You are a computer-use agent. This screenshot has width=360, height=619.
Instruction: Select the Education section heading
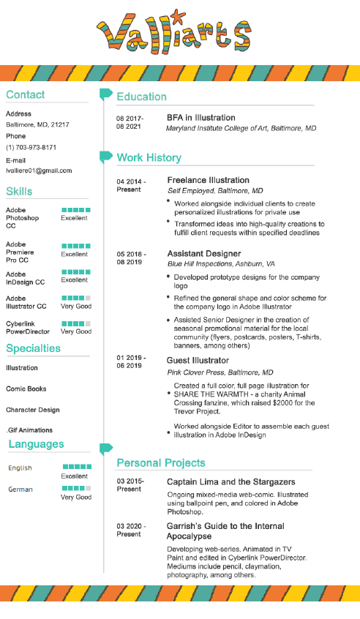[x=142, y=97]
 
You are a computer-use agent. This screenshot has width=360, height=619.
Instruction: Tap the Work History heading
[x=149, y=157]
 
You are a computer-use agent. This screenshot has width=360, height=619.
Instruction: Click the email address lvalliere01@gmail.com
[x=39, y=170]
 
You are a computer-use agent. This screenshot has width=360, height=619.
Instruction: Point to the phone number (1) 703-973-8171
[x=31, y=147]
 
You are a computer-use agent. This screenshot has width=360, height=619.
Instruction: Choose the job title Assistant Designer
[x=203, y=252]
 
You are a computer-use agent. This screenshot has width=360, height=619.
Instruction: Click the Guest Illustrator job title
[x=198, y=360]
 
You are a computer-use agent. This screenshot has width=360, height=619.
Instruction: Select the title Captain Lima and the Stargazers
[x=230, y=481]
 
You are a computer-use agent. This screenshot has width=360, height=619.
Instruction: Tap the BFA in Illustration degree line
[x=201, y=117]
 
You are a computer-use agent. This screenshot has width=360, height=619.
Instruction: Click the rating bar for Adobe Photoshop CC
[x=76, y=210]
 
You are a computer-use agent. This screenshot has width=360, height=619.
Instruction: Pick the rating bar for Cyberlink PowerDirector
[x=76, y=323]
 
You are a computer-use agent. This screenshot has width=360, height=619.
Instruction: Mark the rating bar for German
[x=76, y=488]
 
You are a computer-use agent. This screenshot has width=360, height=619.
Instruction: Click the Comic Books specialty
[x=26, y=389]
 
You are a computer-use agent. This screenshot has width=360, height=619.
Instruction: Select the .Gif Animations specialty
[x=29, y=430]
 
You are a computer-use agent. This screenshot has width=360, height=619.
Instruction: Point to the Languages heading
[x=36, y=444]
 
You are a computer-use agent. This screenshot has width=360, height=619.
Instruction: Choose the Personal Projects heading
[x=161, y=462]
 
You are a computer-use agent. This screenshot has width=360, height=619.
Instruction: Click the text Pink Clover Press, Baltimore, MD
[x=220, y=372]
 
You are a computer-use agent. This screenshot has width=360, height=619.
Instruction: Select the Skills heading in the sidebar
[x=19, y=191]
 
